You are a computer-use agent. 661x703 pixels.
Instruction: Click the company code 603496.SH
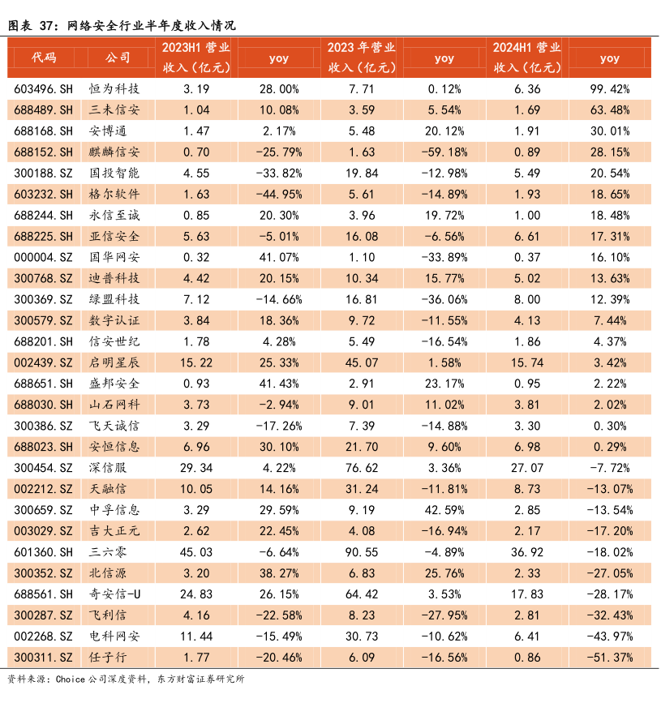click(x=43, y=88)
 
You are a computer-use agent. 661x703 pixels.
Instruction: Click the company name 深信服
click(x=108, y=468)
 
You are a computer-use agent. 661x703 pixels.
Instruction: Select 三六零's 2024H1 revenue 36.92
click(x=527, y=552)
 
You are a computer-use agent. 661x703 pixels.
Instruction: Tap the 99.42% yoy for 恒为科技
click(x=609, y=88)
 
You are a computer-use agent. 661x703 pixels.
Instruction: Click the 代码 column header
click(x=44, y=58)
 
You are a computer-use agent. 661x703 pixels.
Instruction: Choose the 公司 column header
click(x=118, y=58)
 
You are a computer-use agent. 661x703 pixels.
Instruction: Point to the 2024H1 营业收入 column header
click(x=527, y=58)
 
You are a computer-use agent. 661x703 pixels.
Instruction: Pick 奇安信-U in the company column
click(x=114, y=594)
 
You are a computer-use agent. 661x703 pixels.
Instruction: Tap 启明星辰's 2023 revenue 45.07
click(x=362, y=362)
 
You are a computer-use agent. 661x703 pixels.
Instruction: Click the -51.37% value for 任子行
click(x=609, y=658)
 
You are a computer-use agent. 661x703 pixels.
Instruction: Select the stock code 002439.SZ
click(x=43, y=362)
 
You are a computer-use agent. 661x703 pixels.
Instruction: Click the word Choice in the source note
click(x=70, y=679)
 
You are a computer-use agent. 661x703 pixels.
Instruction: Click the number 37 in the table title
click(x=46, y=26)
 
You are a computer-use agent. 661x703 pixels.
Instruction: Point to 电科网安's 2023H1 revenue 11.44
click(x=196, y=637)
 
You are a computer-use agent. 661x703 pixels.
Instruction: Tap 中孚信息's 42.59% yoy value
click(x=444, y=510)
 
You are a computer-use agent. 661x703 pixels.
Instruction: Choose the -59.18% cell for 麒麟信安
click(x=444, y=152)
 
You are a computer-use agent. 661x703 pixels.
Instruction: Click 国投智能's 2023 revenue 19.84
click(x=362, y=173)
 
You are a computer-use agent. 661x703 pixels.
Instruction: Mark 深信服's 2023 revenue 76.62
click(x=362, y=468)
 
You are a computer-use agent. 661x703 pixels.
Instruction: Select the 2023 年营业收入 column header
click(x=362, y=58)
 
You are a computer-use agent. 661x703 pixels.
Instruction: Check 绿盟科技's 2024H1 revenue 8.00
click(x=527, y=299)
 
